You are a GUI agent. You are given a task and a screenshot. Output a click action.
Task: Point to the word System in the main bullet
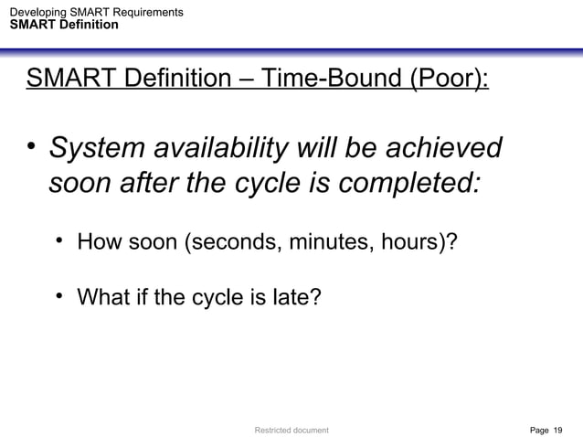tap(94, 146)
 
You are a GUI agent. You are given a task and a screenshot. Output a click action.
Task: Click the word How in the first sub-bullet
tap(98, 245)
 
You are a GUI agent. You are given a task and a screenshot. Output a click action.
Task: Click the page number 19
tap(558, 428)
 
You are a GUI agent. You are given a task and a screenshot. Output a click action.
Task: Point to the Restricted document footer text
tap(291, 428)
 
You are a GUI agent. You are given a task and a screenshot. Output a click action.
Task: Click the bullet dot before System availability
tap(32, 146)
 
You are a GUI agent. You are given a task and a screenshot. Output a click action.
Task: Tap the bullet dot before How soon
tap(59, 243)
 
